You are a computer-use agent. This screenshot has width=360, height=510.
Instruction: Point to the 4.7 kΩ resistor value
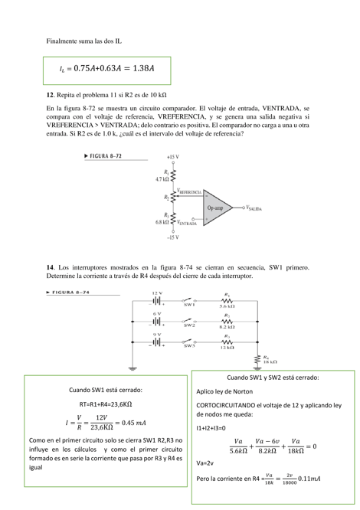[163, 178]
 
